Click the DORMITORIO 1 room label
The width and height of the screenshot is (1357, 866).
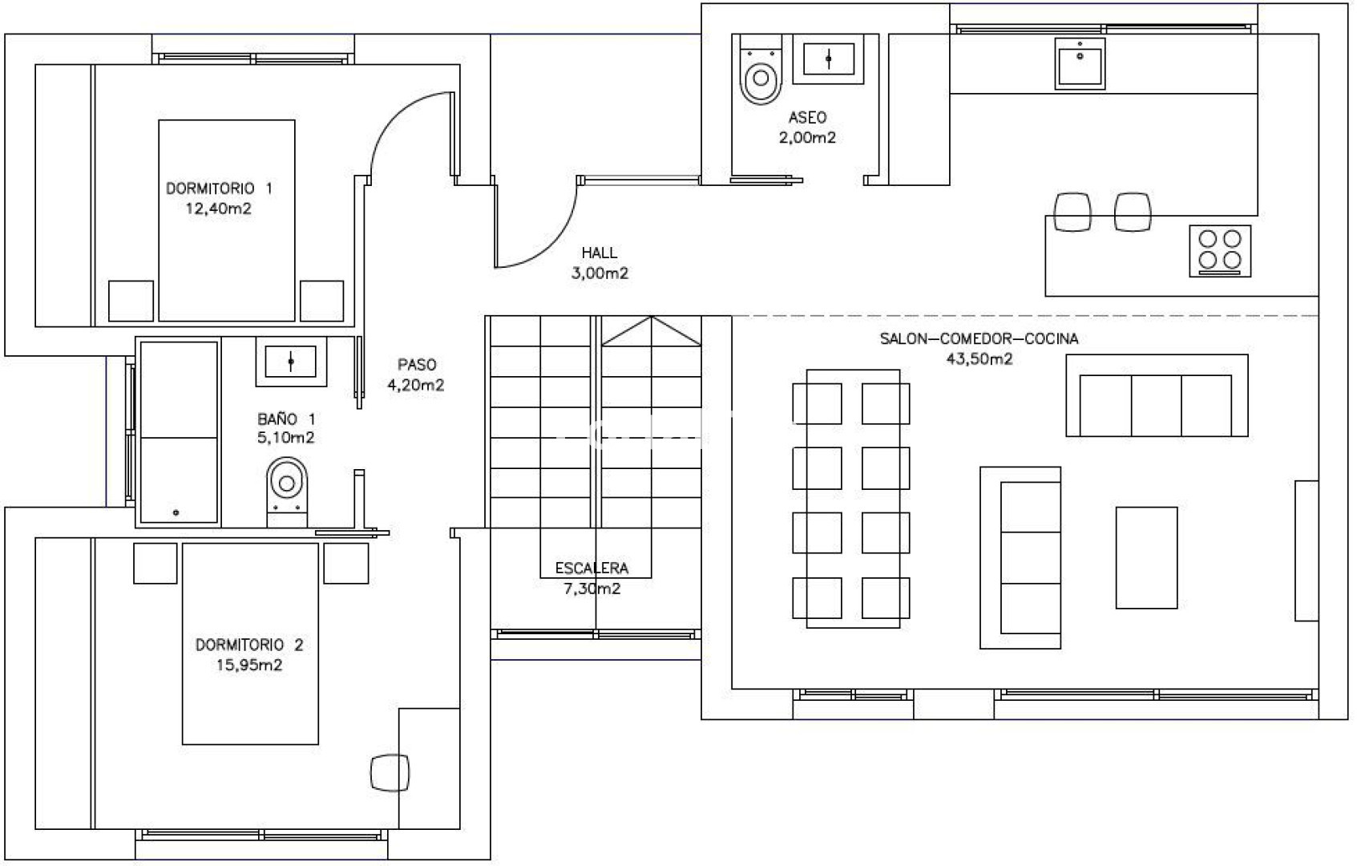[x=220, y=188]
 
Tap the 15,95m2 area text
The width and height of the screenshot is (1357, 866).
[x=249, y=665]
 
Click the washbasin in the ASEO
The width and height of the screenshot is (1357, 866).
[x=828, y=59]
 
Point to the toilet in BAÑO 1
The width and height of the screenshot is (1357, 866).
[x=287, y=492]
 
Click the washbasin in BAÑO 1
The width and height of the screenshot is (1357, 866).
[x=291, y=361]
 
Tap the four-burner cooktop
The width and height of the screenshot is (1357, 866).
[x=1220, y=251]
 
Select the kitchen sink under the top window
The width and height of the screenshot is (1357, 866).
[x=1080, y=63]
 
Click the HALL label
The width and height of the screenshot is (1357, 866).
[x=599, y=253]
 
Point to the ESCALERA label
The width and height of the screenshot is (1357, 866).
[x=592, y=569]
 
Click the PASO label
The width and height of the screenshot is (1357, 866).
[x=417, y=365]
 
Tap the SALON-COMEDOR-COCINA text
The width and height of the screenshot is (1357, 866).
[x=979, y=338]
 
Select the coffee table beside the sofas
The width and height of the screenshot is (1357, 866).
[x=1147, y=557]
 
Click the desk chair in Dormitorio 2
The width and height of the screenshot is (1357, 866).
[x=390, y=773]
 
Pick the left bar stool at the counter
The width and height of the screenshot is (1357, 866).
[x=1072, y=212]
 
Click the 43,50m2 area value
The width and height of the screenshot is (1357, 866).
[x=979, y=358]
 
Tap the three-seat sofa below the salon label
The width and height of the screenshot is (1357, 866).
[x=1157, y=396]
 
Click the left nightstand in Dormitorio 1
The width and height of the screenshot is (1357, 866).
[x=131, y=301]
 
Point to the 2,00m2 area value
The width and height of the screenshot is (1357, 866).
[x=807, y=138]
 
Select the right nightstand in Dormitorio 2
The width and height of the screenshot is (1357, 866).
[x=346, y=563]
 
